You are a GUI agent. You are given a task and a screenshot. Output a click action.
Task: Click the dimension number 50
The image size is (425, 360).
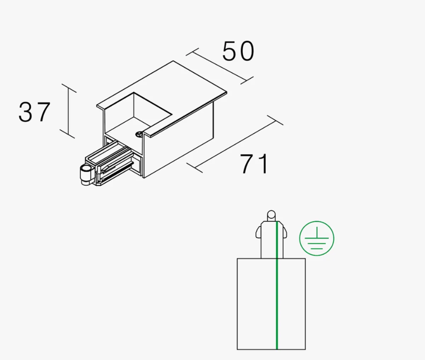(238, 51)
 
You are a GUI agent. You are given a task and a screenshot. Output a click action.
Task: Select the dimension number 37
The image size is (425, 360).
(34, 112)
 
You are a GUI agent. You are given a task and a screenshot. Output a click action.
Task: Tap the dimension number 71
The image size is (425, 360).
(254, 164)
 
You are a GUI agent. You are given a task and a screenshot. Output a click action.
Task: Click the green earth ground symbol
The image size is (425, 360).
(317, 238)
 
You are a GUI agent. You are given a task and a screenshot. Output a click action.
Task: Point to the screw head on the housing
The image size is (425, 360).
(139, 134)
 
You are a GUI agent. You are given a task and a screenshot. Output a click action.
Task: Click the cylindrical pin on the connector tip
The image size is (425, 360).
(86, 174)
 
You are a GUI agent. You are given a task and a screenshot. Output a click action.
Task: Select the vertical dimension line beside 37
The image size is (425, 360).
(68, 111)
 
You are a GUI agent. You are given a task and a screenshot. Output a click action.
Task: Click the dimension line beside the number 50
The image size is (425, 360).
(220, 66)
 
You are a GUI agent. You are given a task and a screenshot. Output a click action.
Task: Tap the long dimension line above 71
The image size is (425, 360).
(235, 144)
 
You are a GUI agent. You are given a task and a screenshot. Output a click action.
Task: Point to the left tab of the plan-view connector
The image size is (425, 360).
(258, 232)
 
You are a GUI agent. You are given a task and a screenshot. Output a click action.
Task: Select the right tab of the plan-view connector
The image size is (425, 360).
(285, 232)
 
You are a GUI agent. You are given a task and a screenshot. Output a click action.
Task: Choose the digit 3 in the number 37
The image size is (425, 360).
(25, 112)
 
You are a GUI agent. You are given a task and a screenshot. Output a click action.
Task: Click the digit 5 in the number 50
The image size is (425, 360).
(229, 51)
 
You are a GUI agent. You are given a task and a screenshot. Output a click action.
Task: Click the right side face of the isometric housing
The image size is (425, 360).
(178, 140)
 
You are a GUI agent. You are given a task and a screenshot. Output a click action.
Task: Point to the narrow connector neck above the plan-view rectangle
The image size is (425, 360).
(272, 240)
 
